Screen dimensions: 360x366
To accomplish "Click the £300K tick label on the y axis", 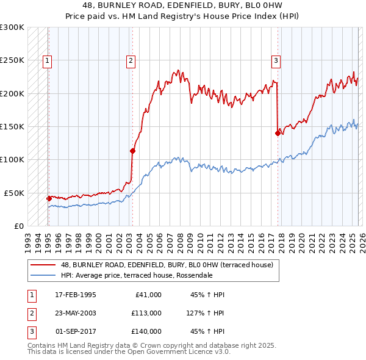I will coord(12,27).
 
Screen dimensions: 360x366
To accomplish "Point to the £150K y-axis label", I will coord(12,126).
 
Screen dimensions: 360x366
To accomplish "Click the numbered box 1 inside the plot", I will coord(47,60).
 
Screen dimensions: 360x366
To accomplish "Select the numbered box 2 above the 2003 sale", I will coord(131,60).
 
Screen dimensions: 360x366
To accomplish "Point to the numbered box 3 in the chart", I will coord(276,60).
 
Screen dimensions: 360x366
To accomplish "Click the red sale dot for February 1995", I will coord(49,198).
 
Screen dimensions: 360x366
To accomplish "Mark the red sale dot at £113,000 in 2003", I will coord(132,151).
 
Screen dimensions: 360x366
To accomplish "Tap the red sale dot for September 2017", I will coord(278,133).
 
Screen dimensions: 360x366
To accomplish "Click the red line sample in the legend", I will coord(43,265).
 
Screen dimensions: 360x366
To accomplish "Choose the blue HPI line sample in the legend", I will coord(43,275).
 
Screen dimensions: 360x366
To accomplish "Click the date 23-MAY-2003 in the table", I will coord(76,312).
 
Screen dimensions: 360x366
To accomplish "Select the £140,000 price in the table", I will coord(146,331).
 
